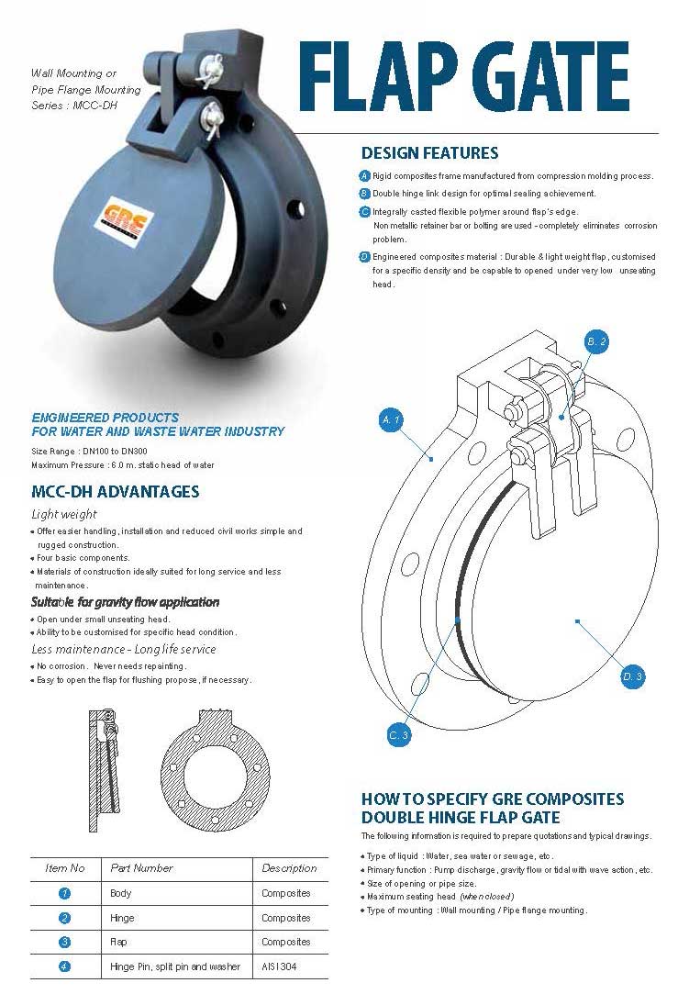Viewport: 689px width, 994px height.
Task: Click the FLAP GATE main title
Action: click(464, 77)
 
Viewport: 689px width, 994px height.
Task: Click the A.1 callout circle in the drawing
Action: click(391, 420)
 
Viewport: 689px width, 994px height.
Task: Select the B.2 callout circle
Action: click(596, 341)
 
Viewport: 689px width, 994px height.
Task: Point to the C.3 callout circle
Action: click(398, 735)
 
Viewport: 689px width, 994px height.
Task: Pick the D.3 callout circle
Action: click(632, 677)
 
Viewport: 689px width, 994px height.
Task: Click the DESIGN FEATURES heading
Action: click(429, 153)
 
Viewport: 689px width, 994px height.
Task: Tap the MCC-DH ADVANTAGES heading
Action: click(115, 492)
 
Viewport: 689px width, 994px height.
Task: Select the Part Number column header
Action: click(141, 868)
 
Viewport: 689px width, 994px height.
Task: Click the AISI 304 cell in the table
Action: click(279, 966)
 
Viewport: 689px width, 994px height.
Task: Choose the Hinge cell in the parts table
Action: click(122, 918)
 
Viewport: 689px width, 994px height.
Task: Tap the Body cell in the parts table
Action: click(120, 893)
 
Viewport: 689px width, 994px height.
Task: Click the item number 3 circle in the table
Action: click(64, 942)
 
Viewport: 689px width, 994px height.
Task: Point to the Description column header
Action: click(289, 868)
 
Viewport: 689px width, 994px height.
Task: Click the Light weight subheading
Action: click(64, 514)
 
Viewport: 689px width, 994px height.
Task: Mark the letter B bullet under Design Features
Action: click(364, 194)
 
